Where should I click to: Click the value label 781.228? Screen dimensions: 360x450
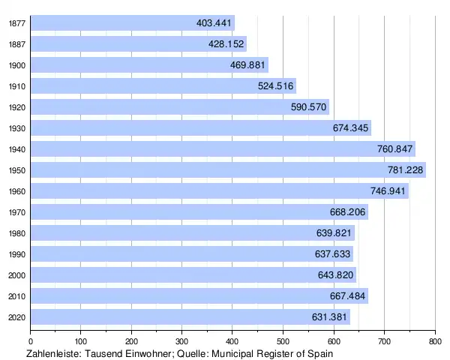[x=406, y=170]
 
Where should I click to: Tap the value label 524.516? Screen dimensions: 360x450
[x=276, y=86]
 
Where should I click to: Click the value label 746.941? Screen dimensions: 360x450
[x=388, y=191]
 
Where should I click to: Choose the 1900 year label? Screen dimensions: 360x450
[x=16, y=65]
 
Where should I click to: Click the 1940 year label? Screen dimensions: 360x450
[x=16, y=149]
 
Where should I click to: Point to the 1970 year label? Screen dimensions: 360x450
[x=16, y=212]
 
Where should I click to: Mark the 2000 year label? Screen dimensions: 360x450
[x=16, y=275]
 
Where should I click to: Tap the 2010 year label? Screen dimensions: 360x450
[x=16, y=296]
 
